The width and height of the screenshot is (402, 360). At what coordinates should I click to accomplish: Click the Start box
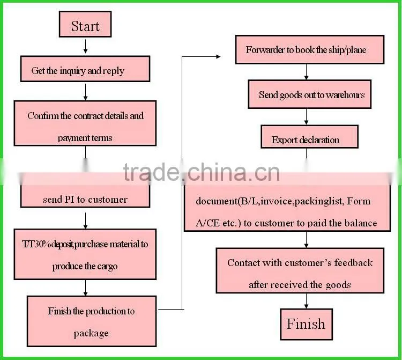click(x=85, y=24)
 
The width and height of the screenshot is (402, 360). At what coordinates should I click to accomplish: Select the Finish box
click(x=307, y=324)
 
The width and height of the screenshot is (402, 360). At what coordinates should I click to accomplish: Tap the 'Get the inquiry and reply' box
click(x=85, y=69)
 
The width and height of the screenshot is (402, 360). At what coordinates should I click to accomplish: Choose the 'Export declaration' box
click(x=309, y=136)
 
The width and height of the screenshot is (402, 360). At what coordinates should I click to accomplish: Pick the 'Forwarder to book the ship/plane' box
click(x=310, y=49)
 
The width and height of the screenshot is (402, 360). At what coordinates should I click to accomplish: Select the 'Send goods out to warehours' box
click(x=309, y=94)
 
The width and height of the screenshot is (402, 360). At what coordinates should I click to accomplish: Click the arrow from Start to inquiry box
click(x=85, y=47)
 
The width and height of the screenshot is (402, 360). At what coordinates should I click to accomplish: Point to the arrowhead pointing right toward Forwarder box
click(x=218, y=56)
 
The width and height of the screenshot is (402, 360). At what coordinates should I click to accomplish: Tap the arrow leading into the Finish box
click(x=306, y=301)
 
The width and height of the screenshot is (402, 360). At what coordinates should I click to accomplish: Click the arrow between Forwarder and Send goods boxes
click(x=306, y=72)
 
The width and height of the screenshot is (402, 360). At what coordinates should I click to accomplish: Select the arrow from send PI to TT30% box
click(x=85, y=221)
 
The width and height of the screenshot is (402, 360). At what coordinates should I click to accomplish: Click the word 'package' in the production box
click(x=91, y=334)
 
